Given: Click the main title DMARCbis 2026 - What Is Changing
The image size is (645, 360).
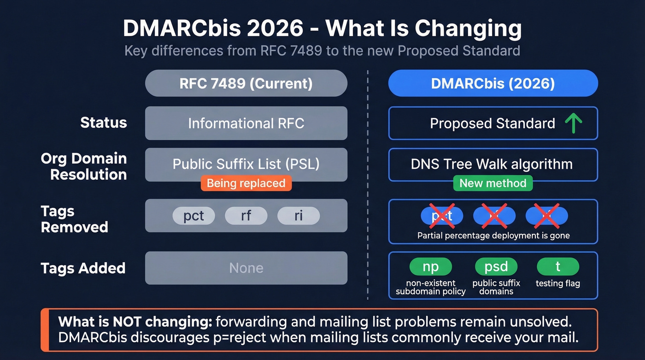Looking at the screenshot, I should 322,29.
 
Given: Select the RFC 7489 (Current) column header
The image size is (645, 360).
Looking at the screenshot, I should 246,83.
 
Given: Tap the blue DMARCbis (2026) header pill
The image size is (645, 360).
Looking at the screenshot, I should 493,83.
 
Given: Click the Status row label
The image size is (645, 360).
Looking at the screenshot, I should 103,123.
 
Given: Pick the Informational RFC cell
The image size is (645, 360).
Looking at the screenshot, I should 246,123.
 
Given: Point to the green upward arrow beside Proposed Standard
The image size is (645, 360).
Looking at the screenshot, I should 574,123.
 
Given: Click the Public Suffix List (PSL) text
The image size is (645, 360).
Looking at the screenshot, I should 246,164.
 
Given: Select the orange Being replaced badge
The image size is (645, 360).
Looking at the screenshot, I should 246,183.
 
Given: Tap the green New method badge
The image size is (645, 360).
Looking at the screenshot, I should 493,183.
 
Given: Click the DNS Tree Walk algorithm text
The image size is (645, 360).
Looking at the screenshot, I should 492,164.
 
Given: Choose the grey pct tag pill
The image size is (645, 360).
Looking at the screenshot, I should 193,216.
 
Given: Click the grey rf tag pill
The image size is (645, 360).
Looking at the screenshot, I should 246,216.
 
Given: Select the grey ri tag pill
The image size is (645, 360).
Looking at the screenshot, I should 298,216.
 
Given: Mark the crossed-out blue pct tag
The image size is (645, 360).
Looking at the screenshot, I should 442,216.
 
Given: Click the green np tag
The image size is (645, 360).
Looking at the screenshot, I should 430,266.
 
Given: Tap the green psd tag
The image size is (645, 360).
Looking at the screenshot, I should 496,266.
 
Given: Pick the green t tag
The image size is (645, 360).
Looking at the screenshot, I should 557,266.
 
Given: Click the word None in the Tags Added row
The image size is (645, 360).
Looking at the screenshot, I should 246,268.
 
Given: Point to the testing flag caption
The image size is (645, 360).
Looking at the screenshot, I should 557,283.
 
